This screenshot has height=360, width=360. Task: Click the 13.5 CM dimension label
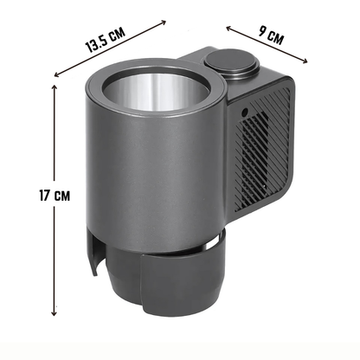(106, 40)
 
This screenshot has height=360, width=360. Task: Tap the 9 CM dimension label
(271, 35)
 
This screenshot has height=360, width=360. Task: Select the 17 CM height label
(55, 196)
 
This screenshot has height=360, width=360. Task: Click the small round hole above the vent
(245, 112)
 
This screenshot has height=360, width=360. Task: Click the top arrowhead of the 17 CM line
(54, 87)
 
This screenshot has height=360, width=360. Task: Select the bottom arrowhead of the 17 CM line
(54, 312)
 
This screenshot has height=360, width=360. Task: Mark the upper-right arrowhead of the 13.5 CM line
(164, 22)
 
